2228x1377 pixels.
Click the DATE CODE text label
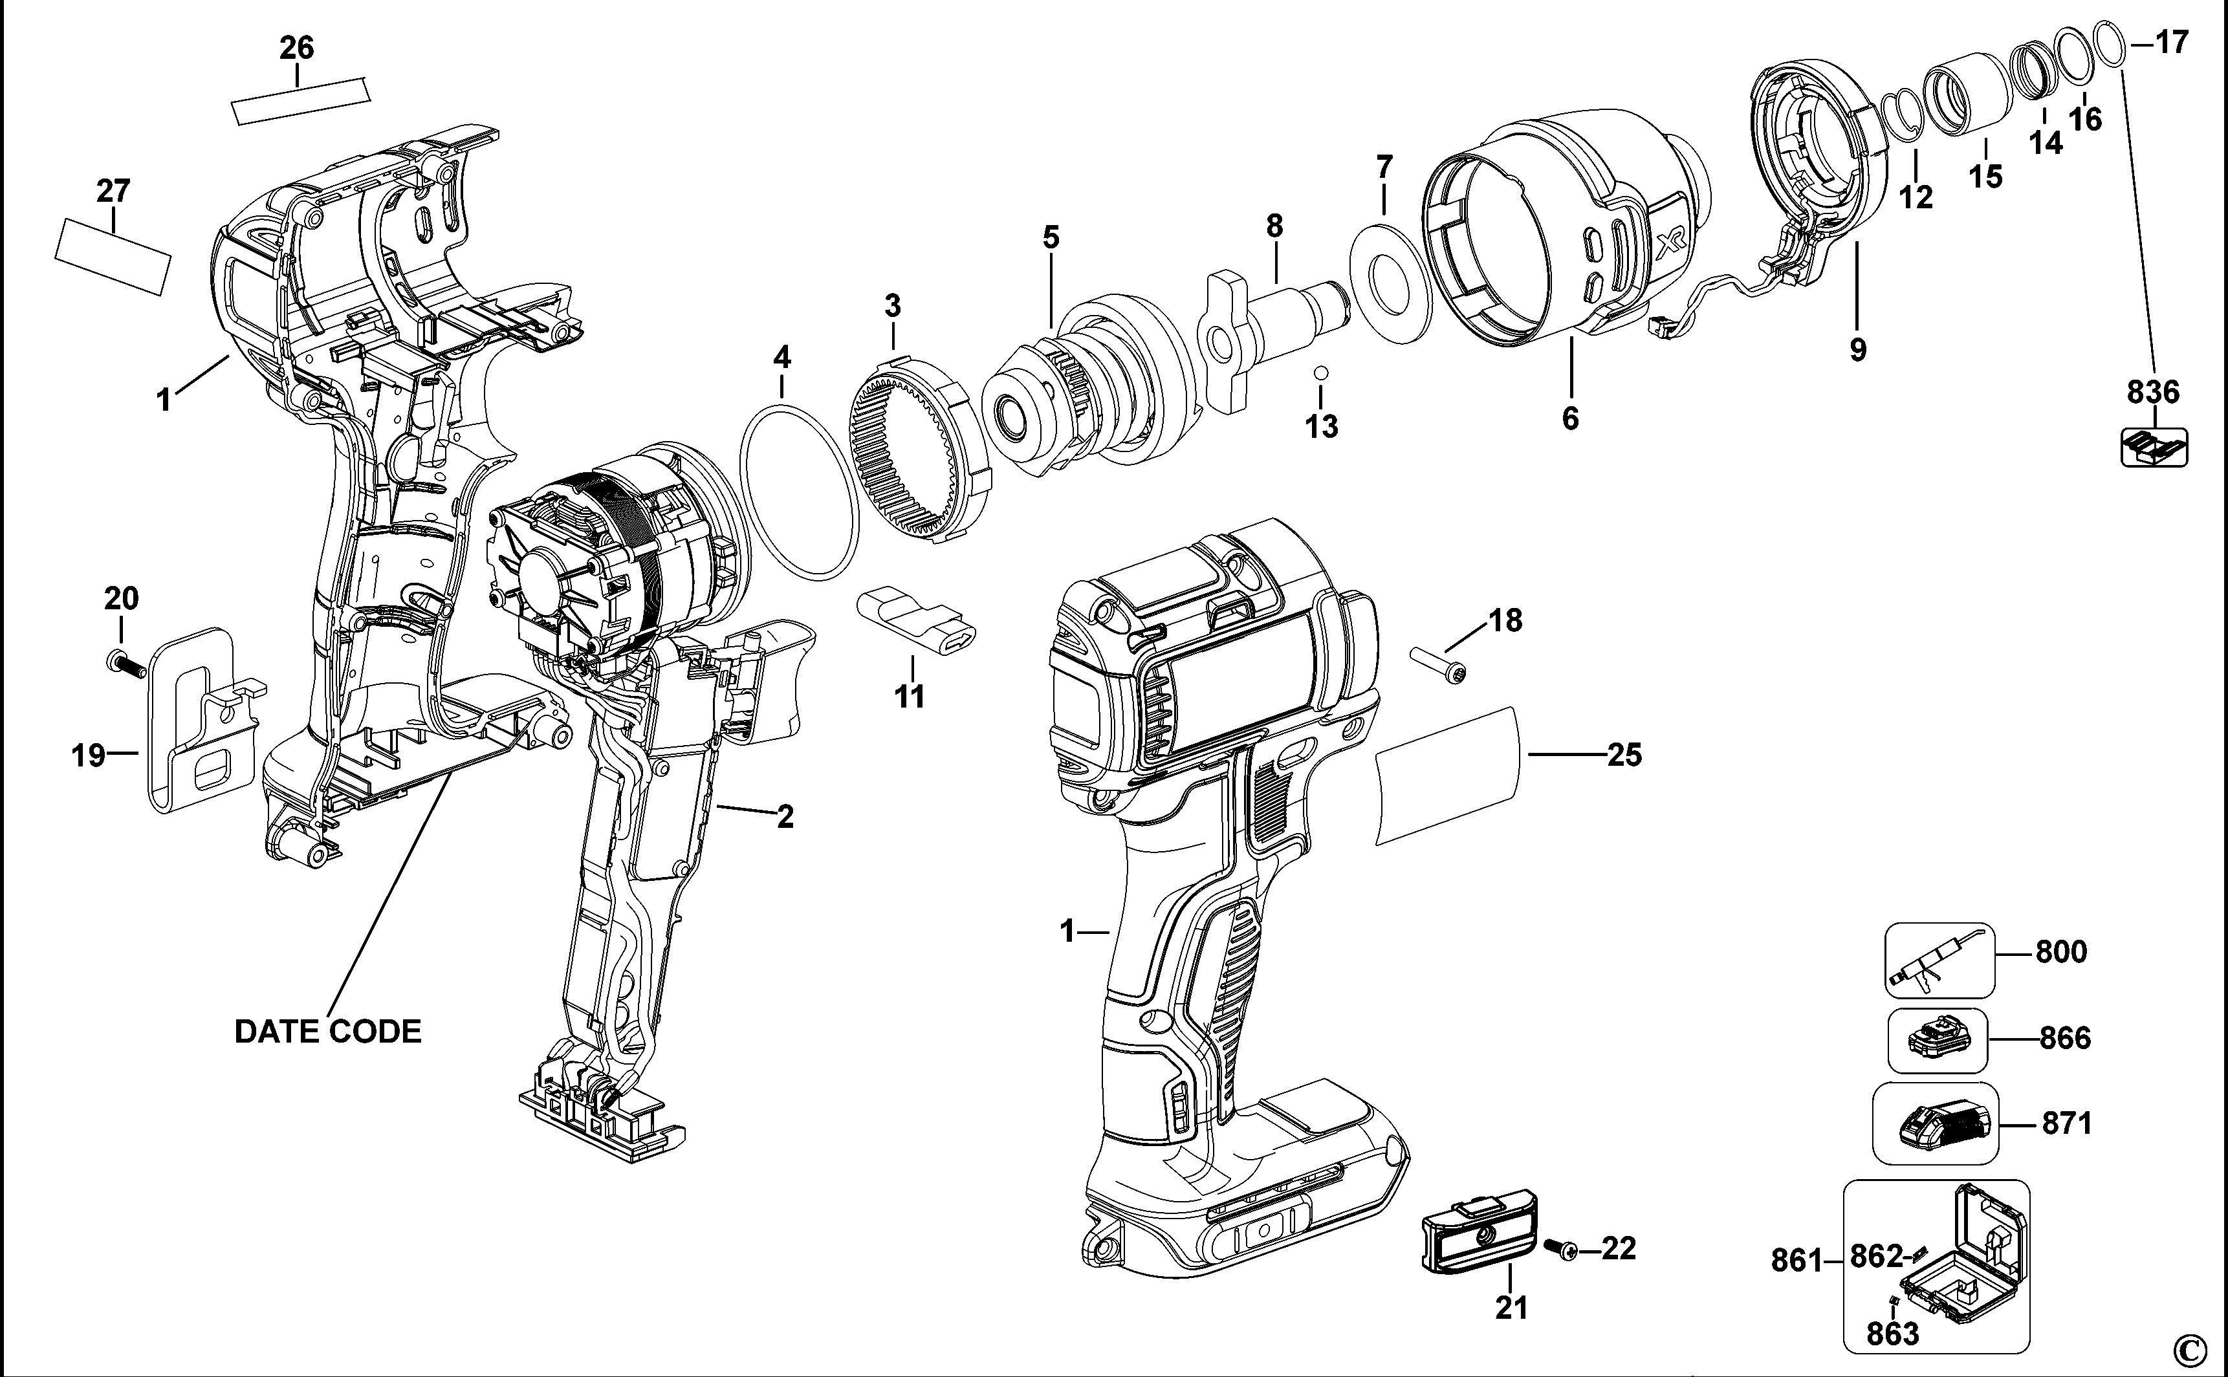pyautogui.click(x=328, y=1031)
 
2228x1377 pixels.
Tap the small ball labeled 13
pyautogui.click(x=1320, y=373)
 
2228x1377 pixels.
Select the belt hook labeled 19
pyautogui.click(x=196, y=719)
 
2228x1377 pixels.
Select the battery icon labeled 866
pyautogui.click(x=1936, y=1040)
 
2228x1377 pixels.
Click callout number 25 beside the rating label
pyautogui.click(x=1624, y=755)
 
